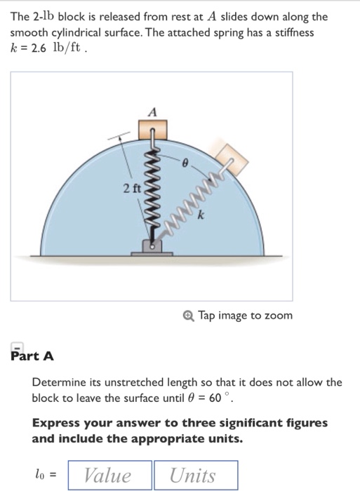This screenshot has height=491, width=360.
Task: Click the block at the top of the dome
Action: [152, 130]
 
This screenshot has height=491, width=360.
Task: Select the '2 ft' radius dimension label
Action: [131, 188]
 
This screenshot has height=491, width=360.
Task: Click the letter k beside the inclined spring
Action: [201, 218]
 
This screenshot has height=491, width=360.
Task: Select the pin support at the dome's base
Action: [152, 245]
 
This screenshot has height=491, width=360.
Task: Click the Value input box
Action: [108, 475]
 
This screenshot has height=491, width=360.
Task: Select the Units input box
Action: [195, 475]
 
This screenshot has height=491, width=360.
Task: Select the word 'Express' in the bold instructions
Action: [56, 423]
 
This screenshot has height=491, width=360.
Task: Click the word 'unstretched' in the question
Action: [130, 382]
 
